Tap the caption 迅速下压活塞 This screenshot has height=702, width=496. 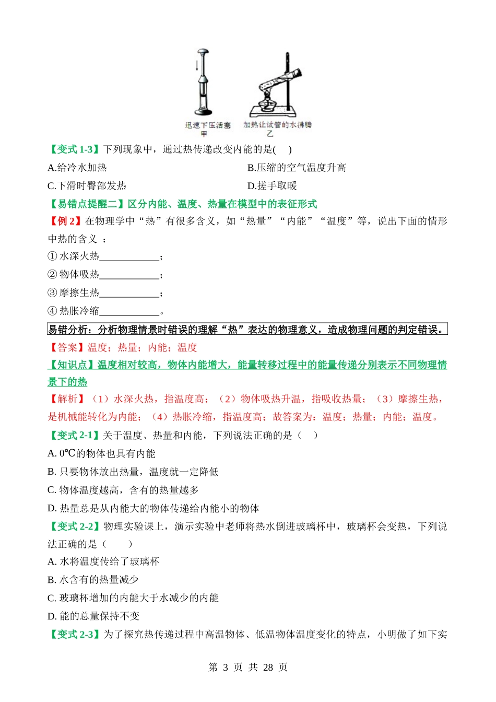(x=207, y=125)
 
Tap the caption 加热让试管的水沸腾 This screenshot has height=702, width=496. (x=277, y=125)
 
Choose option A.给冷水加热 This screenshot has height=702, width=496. (x=77, y=168)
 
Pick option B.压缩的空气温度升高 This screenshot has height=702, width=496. (x=297, y=168)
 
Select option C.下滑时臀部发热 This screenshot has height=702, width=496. (x=87, y=186)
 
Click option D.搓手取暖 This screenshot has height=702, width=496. (x=272, y=186)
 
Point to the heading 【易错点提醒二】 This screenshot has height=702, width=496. (x=87, y=204)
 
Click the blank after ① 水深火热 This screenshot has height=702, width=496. (x=129, y=258)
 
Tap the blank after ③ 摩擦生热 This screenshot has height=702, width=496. (x=129, y=294)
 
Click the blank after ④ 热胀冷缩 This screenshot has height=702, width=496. (x=129, y=312)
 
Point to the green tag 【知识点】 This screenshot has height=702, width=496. (x=72, y=365)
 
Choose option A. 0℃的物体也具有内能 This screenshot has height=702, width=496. (x=101, y=454)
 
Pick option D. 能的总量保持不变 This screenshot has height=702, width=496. (x=93, y=616)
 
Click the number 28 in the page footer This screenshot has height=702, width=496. (x=268, y=668)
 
